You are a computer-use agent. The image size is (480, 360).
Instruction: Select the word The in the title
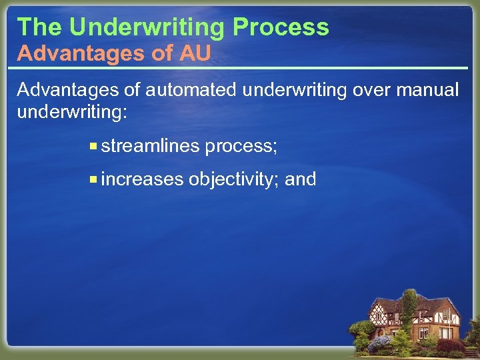[x=40, y=27]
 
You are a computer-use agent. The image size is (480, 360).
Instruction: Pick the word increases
[x=143, y=179]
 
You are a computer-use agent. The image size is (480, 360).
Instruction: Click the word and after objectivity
[x=301, y=179]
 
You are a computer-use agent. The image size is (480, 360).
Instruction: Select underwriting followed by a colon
[x=71, y=111]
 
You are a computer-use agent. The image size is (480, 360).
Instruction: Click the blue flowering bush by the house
[x=379, y=343]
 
